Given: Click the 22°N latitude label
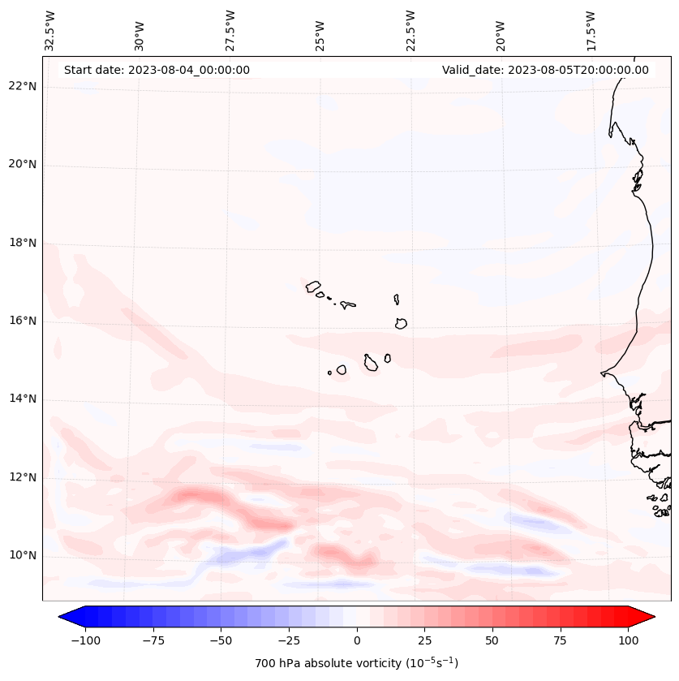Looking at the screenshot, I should (x=23, y=86).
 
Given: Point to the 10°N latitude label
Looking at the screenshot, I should (x=23, y=555).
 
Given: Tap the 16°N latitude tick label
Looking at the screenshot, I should (x=23, y=321).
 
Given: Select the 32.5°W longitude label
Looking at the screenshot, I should (x=51, y=30).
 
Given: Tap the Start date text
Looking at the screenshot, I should (x=157, y=70).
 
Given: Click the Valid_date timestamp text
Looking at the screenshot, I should (x=545, y=70).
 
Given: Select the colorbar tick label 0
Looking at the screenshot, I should (x=357, y=640).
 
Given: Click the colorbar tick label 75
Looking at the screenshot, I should (x=561, y=640).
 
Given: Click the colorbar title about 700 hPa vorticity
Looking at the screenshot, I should (x=356, y=663).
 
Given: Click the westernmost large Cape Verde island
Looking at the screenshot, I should (x=313, y=286).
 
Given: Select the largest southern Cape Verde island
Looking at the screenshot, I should (x=371, y=363).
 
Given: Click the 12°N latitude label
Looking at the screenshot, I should (x=23, y=477).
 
